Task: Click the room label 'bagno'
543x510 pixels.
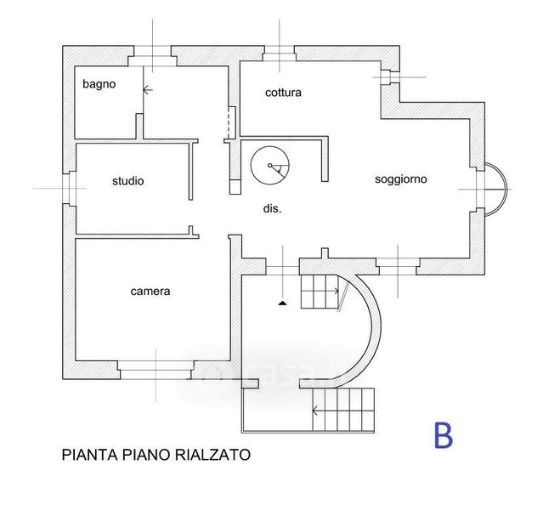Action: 99,84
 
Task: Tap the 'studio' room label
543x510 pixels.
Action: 128,181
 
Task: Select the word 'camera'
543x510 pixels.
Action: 150,291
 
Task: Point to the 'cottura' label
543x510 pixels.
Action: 283,92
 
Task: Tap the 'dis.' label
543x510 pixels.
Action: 272,208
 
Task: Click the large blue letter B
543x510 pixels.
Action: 443,435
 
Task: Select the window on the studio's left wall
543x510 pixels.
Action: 68,188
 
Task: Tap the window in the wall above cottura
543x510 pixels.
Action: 278,54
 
